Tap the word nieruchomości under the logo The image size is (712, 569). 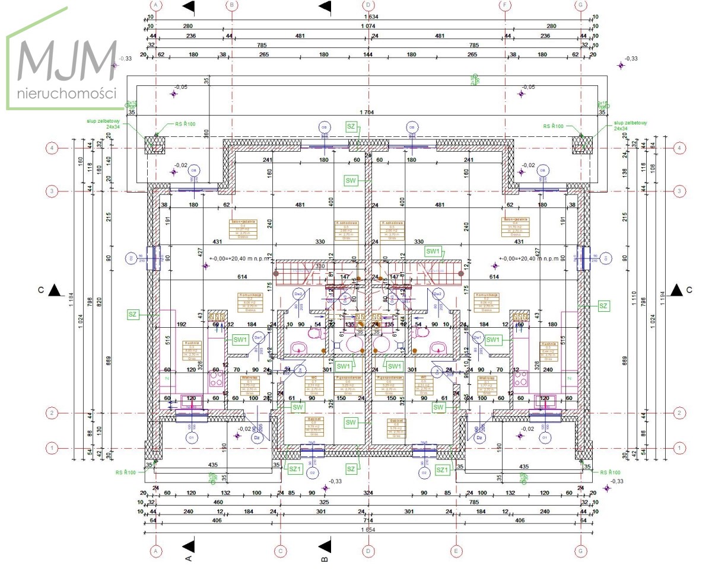tap(66, 94)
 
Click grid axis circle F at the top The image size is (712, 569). tap(506, 5)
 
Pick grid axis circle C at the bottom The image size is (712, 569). tap(279, 551)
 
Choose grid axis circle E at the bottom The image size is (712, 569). tap(456, 551)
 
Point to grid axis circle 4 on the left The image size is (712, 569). tap(53, 148)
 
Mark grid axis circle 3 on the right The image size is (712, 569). tap(679, 191)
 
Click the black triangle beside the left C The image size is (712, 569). tap(55, 290)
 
